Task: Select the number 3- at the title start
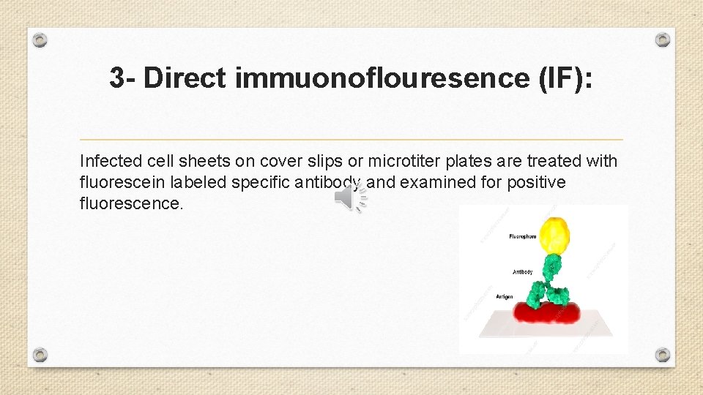coord(123,78)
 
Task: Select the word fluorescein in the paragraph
coord(116,182)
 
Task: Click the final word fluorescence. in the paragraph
coord(131,203)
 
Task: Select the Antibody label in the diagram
coord(522,272)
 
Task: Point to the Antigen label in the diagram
coord(505,297)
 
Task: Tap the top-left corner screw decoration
coord(41,39)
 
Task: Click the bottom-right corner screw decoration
coord(662,355)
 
